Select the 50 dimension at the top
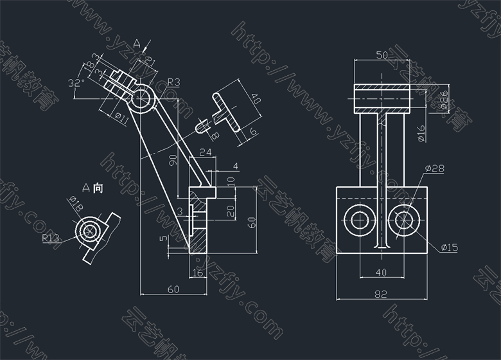(x=382, y=56)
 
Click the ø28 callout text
(x=435, y=168)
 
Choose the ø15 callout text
(x=449, y=248)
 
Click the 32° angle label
(x=76, y=83)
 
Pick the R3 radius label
(x=173, y=82)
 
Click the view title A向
(x=93, y=188)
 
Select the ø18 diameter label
(x=75, y=204)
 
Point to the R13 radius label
(x=51, y=238)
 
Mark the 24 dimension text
(x=206, y=152)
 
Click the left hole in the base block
(x=357, y=221)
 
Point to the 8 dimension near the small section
(x=215, y=136)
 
